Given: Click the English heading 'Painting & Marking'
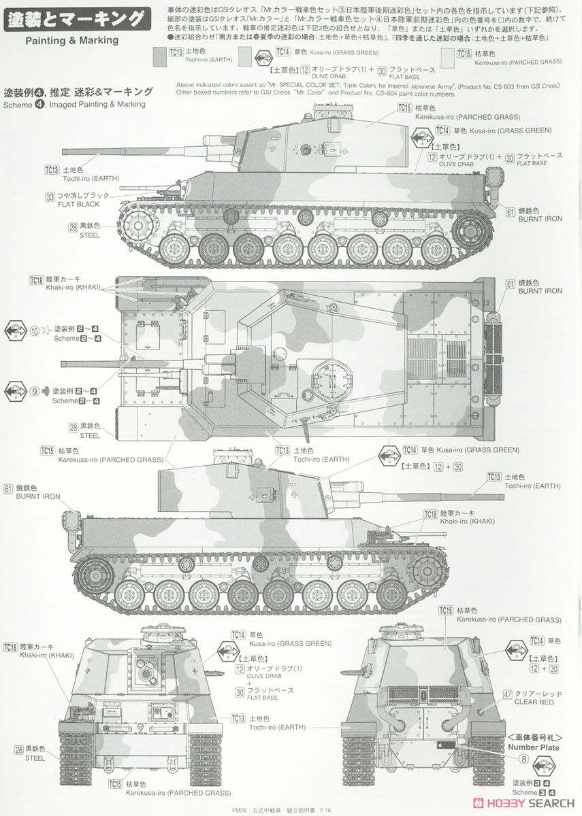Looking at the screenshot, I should (72, 40).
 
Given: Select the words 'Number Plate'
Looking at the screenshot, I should (534, 747).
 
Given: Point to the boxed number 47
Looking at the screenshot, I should (508, 694).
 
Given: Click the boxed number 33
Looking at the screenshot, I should (69, 197).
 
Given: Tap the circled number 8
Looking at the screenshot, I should (523, 759).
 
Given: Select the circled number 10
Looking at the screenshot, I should (35, 331).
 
